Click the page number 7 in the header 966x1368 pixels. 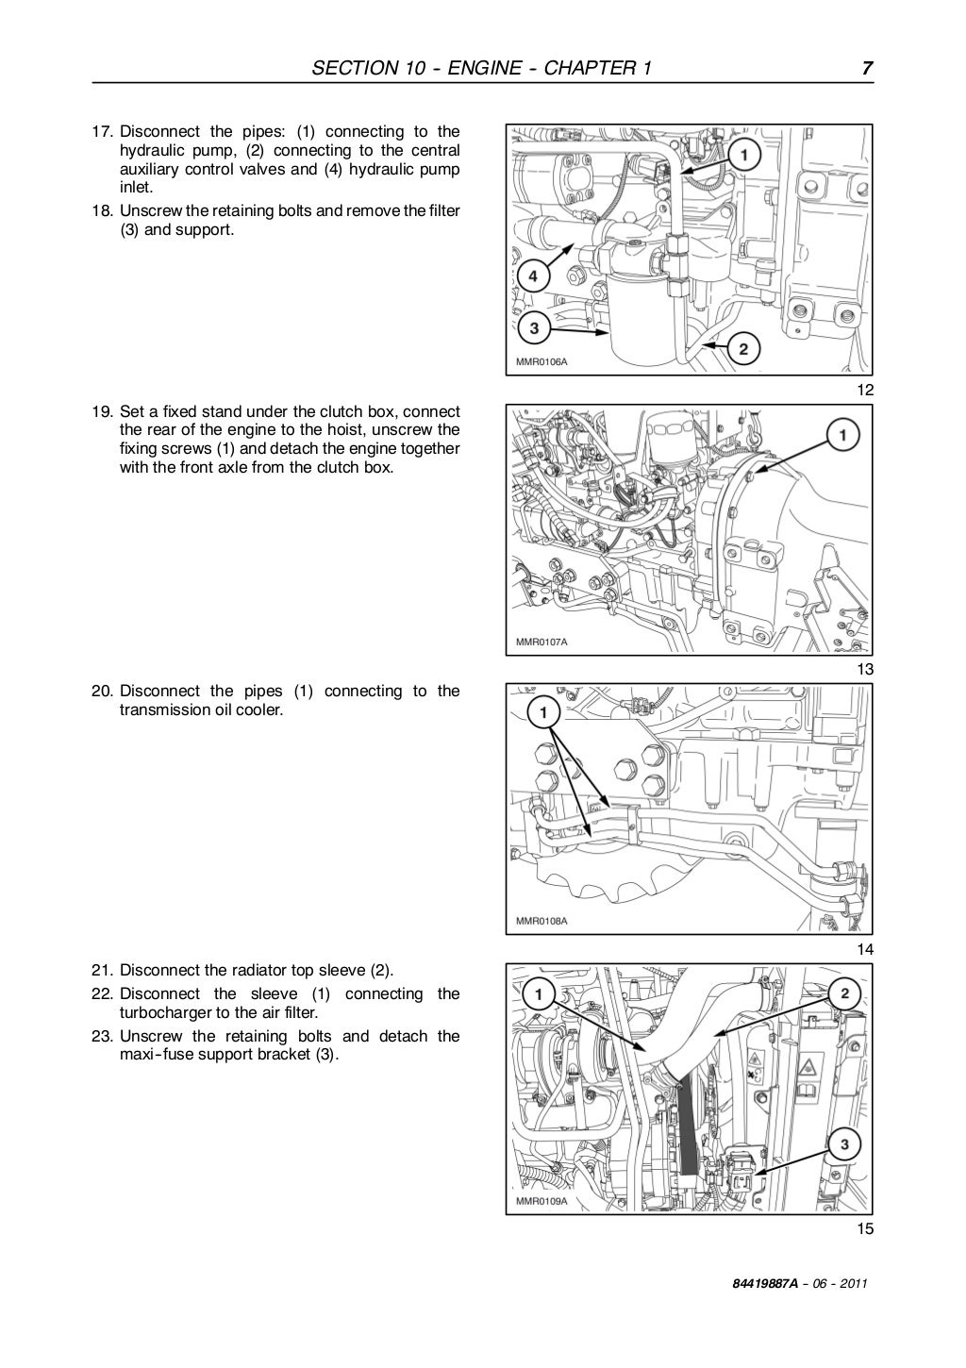click(865, 68)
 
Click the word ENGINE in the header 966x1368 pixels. click(468, 68)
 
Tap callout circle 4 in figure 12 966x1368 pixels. click(532, 276)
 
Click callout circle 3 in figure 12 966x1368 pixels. click(534, 329)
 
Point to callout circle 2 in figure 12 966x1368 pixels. click(743, 350)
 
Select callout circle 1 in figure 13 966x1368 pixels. click(842, 435)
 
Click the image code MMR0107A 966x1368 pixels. click(541, 642)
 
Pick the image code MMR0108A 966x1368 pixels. click(541, 921)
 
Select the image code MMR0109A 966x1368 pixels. click(541, 1201)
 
